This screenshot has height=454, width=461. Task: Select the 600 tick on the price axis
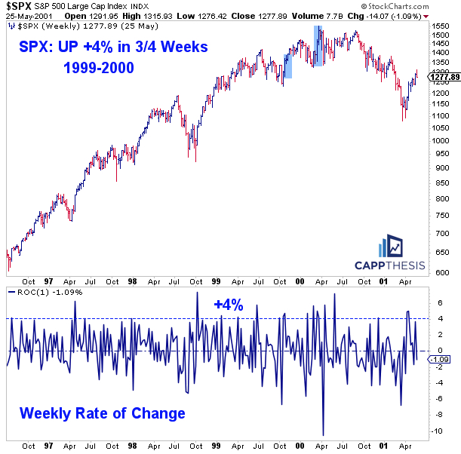pos(435,273)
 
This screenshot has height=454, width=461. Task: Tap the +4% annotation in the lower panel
pos(228,305)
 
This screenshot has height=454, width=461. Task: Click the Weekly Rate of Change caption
pos(102,413)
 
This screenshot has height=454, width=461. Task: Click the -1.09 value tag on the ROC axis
pos(439,359)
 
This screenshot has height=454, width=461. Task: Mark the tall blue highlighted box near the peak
pos(318,45)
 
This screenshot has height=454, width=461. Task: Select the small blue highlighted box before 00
pos(287,66)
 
